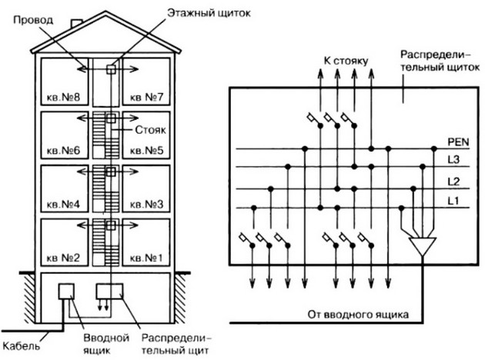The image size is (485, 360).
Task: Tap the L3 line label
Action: [x=453, y=161]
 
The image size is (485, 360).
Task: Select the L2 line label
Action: [x=453, y=182]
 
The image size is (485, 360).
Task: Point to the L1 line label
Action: [x=453, y=201]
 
